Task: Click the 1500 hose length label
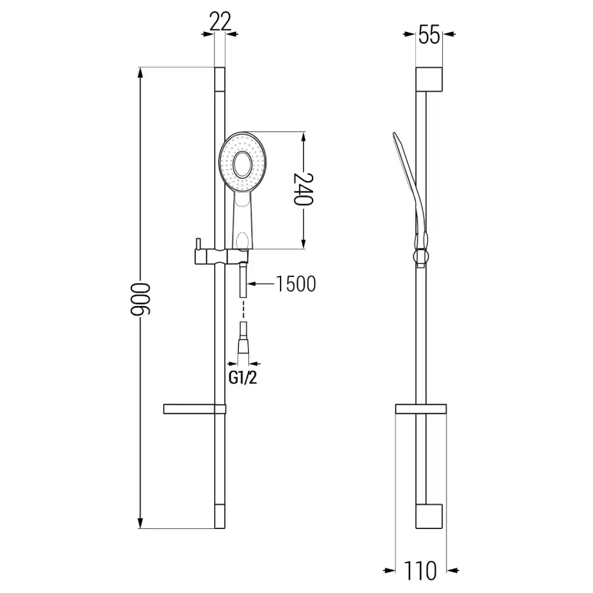(x=295, y=285)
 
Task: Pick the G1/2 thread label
(x=243, y=378)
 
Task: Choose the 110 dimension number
(x=421, y=570)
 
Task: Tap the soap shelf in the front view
(x=193, y=409)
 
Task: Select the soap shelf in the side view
(x=420, y=409)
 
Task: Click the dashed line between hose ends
(x=243, y=309)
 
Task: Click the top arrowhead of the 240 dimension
(x=303, y=137)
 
